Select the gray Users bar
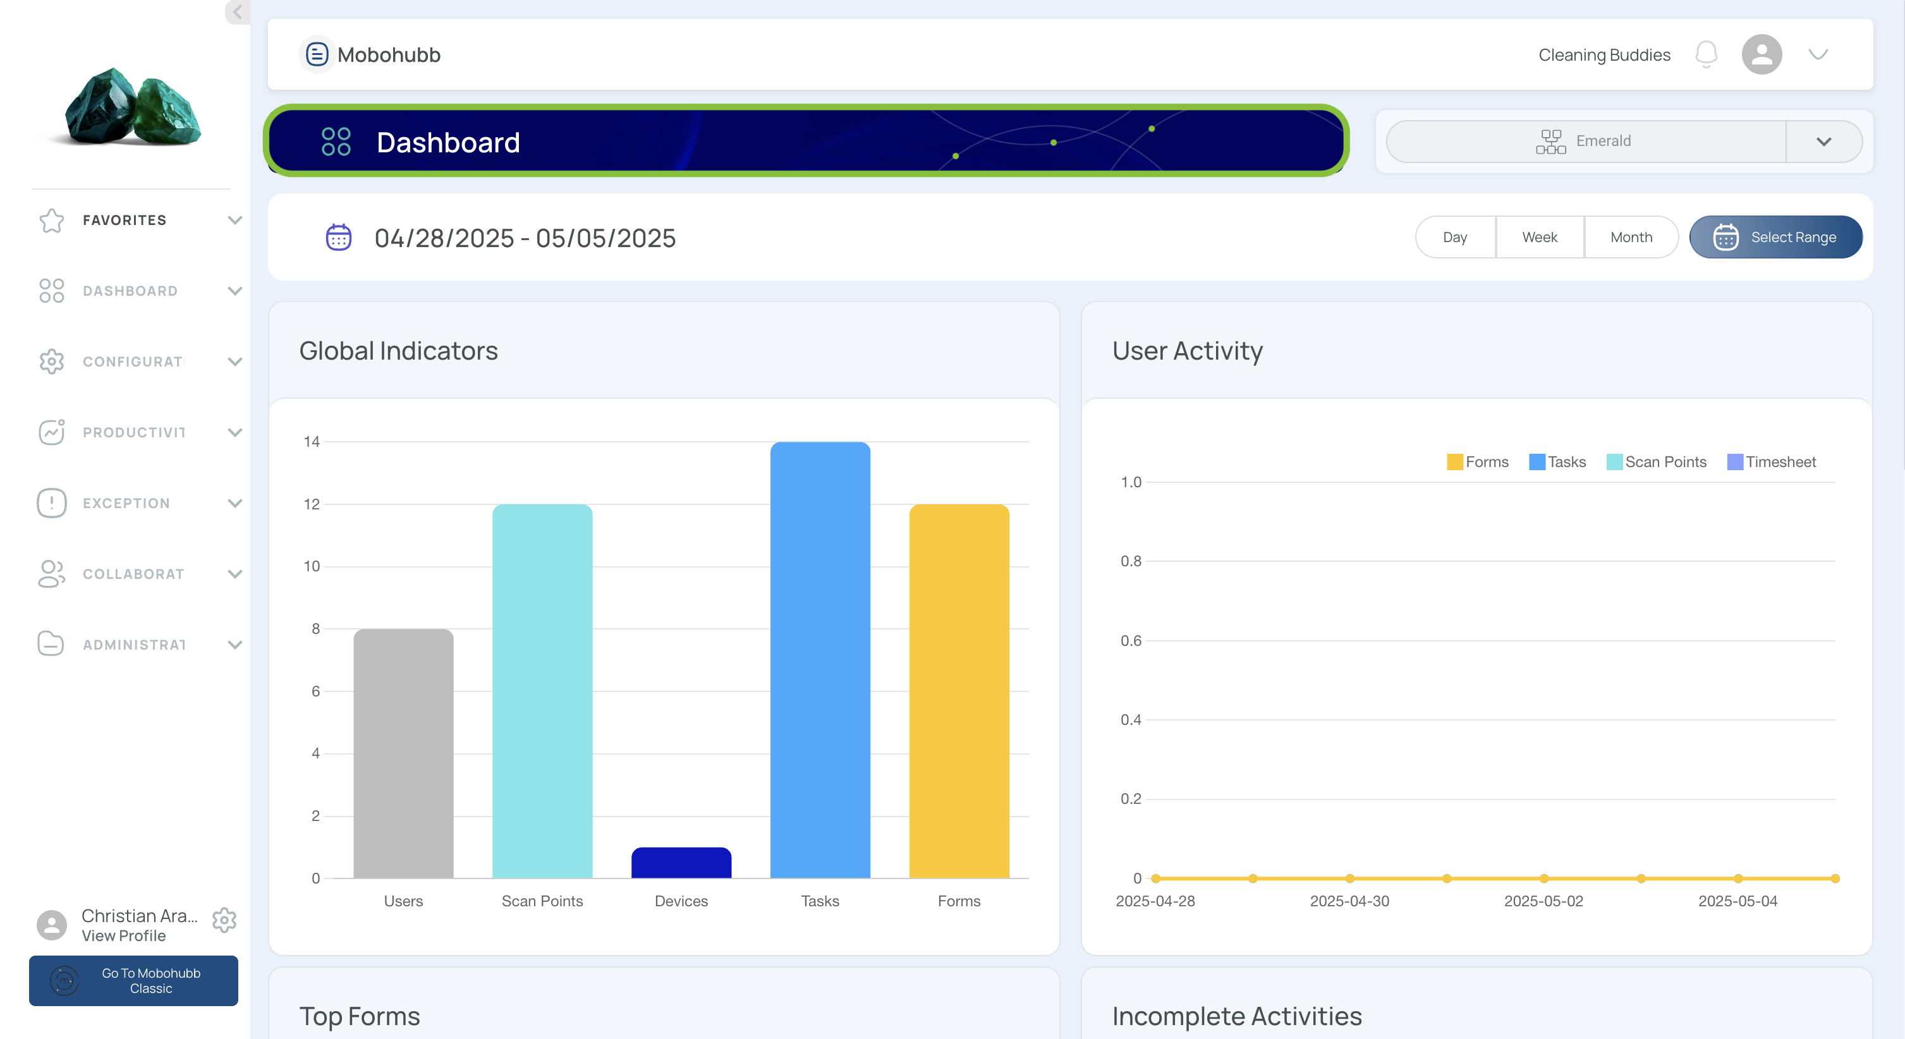[x=403, y=753]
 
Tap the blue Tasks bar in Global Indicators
[x=820, y=660]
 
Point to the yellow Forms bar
[x=959, y=691]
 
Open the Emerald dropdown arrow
[x=1823, y=141]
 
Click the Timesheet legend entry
[x=1771, y=462]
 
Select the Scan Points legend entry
[x=1657, y=462]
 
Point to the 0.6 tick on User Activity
[x=1131, y=640]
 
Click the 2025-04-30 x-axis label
[x=1349, y=901]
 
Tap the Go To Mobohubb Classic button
[x=134, y=981]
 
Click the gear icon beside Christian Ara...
[x=224, y=920]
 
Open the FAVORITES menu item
[x=125, y=221]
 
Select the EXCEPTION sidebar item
[x=126, y=504]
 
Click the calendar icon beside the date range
[x=339, y=238]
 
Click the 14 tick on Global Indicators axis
[x=312, y=442]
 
